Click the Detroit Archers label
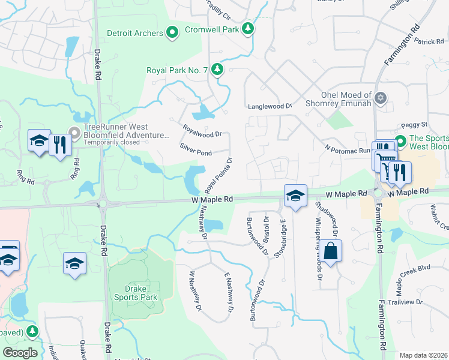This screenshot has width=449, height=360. coord(134,32)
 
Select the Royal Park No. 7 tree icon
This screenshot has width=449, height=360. coord(217,70)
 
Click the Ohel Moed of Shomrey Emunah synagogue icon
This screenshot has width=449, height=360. coord(379,97)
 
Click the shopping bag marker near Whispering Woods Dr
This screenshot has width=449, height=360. coord(331,250)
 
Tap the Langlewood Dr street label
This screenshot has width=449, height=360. coord(270,106)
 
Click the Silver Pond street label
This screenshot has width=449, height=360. coord(195,149)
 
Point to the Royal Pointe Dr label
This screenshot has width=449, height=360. coord(218,173)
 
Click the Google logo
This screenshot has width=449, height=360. coord(20,353)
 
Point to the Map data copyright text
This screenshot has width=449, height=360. coord(423,355)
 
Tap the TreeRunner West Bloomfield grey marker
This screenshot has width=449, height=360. coord(75,132)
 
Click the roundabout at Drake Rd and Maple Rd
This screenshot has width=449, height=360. coord(103,203)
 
